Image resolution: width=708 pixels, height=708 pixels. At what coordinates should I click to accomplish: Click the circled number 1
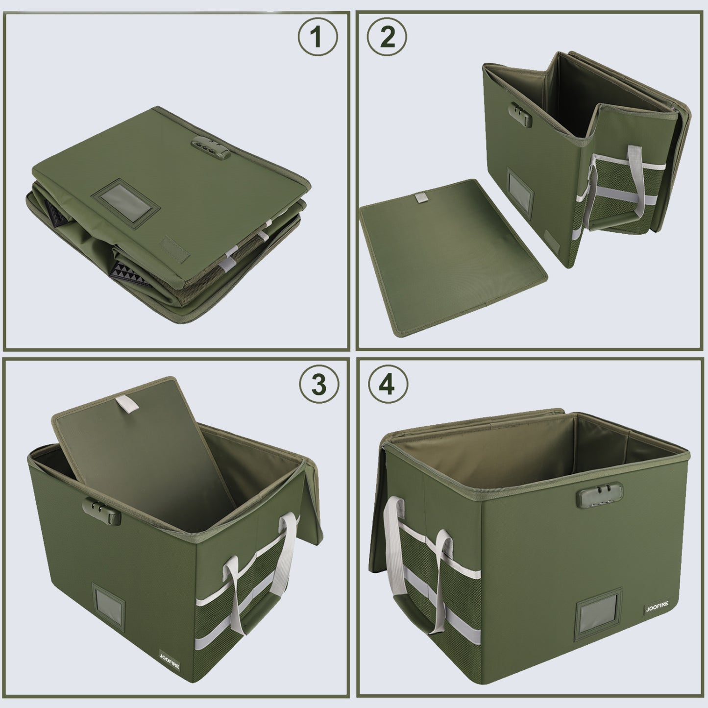coord(317,37)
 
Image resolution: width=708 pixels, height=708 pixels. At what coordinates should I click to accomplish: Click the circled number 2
coord(387,37)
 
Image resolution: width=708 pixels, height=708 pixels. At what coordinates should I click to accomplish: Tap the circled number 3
coord(318,385)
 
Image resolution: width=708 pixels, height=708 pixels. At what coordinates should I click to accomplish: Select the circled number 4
coord(387,385)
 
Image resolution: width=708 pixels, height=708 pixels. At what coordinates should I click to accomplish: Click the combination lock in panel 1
coord(211,147)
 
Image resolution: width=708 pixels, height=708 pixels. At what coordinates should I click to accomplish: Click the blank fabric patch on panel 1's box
coord(175,249)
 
